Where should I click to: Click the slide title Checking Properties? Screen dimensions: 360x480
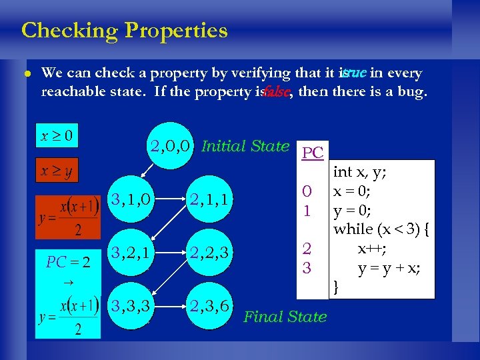[124, 31]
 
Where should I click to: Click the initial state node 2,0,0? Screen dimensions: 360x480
[171, 146]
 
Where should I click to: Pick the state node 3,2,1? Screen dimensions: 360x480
[131, 252]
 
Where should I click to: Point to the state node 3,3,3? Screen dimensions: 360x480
[131, 305]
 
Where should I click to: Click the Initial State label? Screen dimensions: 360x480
[245, 146]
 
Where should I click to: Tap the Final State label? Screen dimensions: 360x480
[285, 317]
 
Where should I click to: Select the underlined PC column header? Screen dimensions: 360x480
[312, 153]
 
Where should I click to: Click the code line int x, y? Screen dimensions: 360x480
[361, 172]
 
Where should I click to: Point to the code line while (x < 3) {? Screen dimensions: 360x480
[382, 229]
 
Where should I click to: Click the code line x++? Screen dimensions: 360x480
[370, 249]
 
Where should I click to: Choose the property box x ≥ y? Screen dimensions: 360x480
[57, 171]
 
